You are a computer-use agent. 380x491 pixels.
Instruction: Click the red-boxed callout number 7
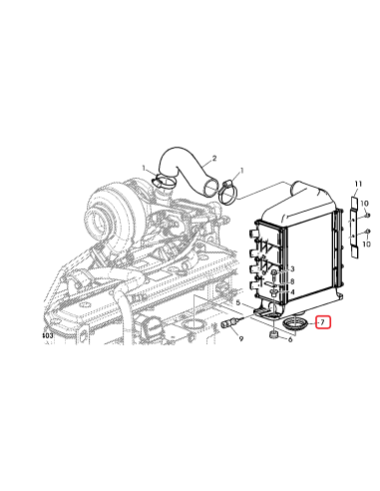point(323,322)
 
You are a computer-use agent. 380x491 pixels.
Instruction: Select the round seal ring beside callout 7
point(296,324)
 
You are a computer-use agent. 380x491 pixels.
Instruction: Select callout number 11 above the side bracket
point(356,183)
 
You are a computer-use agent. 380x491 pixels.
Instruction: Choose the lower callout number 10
point(368,243)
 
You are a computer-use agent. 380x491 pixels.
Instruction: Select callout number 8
point(291,281)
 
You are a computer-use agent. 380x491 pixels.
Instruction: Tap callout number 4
point(291,291)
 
